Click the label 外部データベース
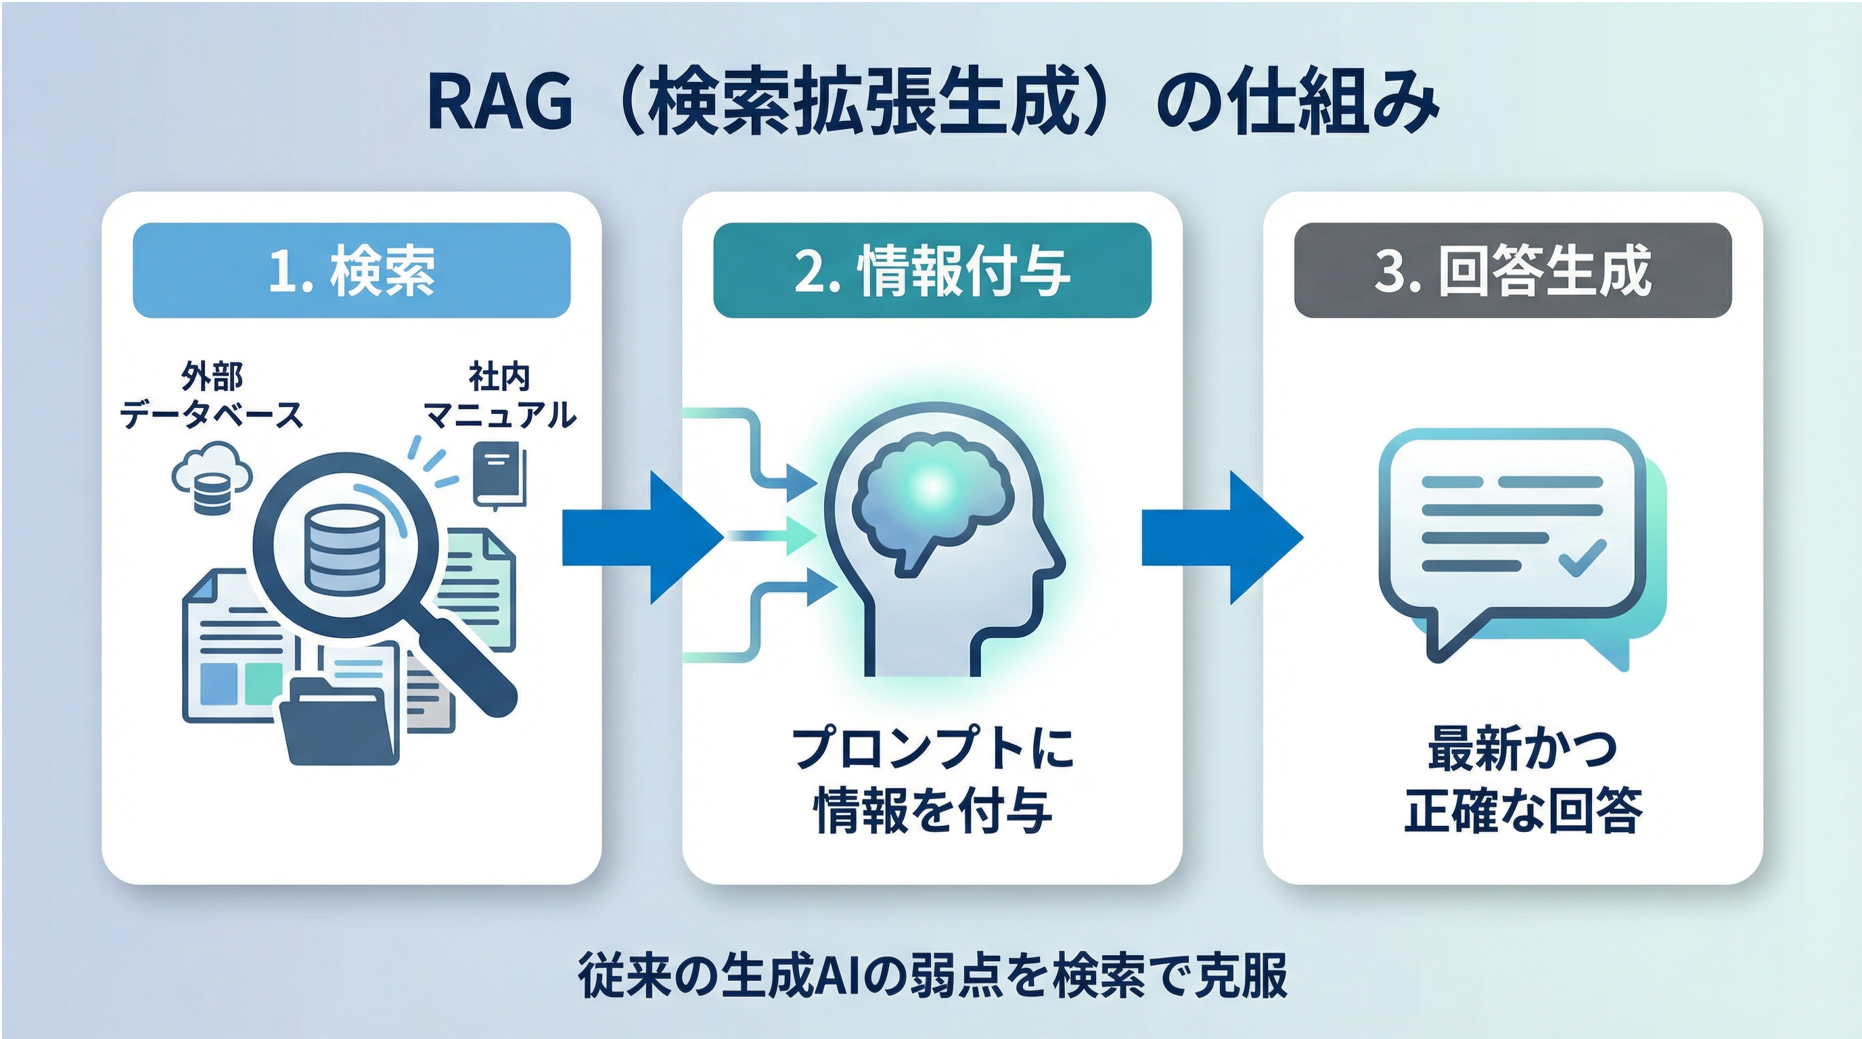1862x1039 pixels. pos(211,396)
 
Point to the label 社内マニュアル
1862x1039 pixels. pos(499,396)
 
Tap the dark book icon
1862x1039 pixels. pos(499,477)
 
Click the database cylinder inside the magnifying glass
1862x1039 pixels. pos(342,550)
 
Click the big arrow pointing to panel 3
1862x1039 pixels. pos(1221,537)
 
